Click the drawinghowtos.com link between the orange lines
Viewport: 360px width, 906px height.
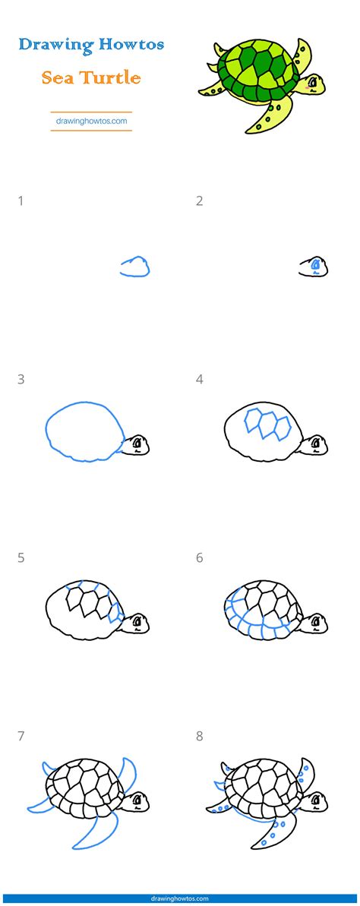91,122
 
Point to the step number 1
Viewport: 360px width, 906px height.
21,201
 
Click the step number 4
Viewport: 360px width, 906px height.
199,380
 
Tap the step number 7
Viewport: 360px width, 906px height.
21,737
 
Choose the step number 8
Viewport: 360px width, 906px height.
199,737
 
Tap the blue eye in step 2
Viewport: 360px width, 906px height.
315,264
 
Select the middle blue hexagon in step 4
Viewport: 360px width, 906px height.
267,425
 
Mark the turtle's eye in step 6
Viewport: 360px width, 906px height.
315,622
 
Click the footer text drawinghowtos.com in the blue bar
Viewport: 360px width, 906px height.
180,899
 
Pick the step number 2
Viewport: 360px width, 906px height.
199,201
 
